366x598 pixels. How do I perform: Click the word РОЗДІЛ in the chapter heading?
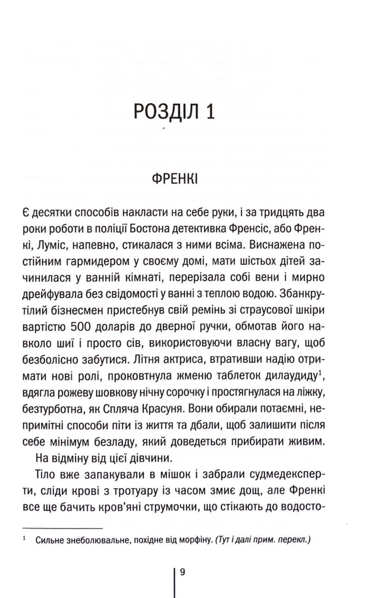point(161,114)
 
